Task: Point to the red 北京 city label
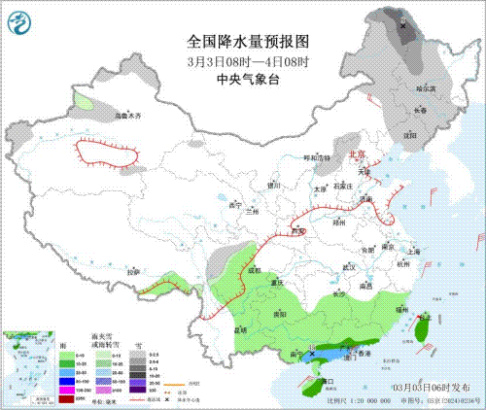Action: pyautogui.click(x=357, y=154)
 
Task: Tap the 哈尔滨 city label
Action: pyautogui.click(x=426, y=88)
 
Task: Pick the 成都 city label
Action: pyautogui.click(x=253, y=270)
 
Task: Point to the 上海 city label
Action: pyautogui.click(x=413, y=250)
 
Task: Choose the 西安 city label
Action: pyautogui.click(x=297, y=230)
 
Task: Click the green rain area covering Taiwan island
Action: pyautogui.click(x=421, y=330)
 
